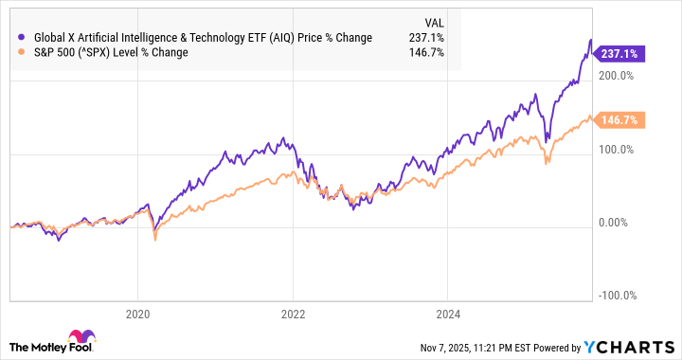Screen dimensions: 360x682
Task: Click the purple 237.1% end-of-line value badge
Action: point(618,55)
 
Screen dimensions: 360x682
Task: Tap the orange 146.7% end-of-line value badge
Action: point(618,120)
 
